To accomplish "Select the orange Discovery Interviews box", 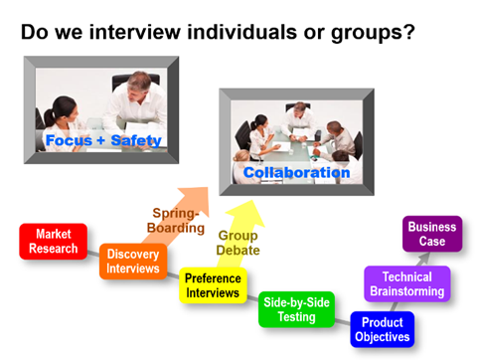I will [132, 262].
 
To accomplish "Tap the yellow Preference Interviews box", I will [213, 286].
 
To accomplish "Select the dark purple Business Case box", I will [432, 234].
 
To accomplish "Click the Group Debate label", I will [238, 243].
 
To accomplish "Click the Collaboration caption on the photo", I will [297, 173].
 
